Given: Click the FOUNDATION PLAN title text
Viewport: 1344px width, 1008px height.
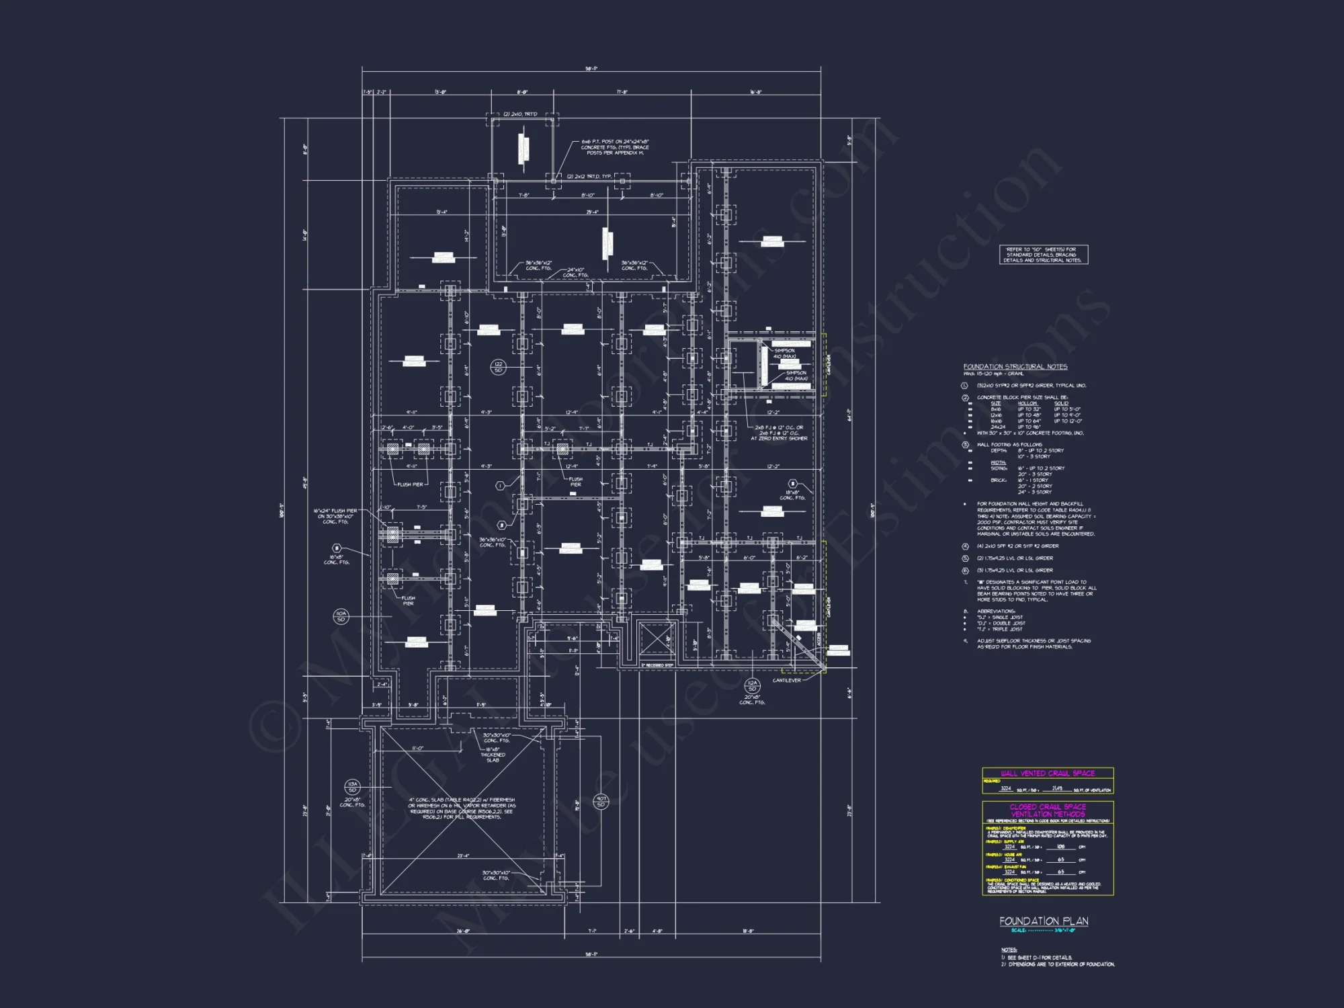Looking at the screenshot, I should (x=1044, y=921).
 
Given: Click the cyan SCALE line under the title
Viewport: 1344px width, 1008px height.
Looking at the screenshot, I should (x=1043, y=931).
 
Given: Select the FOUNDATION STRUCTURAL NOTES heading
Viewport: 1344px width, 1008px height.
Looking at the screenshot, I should (x=1015, y=367).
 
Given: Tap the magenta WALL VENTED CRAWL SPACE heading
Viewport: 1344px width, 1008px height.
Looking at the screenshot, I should (x=1048, y=773).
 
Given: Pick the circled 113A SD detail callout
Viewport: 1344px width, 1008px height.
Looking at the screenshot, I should (x=352, y=787).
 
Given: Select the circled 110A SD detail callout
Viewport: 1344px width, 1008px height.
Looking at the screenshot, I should (x=341, y=616).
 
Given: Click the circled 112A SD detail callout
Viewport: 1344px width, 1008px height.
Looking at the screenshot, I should (x=752, y=685).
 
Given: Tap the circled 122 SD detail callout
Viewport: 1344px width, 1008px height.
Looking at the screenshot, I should (x=498, y=367).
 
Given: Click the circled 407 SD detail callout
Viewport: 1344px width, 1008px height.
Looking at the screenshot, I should (x=601, y=802).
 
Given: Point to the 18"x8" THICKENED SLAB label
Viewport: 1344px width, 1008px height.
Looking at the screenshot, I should (x=493, y=755).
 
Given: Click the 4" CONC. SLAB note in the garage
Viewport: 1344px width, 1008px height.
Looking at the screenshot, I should (x=462, y=808).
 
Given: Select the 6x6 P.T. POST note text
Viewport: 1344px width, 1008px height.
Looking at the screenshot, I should (x=615, y=147).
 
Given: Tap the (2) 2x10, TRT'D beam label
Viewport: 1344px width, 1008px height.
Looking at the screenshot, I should (x=520, y=114).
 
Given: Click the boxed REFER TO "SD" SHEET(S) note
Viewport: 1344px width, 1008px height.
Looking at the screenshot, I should (x=1043, y=255).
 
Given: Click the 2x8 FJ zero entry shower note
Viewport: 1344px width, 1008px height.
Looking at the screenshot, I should (x=779, y=433).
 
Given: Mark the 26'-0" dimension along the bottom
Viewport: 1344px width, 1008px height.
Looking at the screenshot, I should (x=463, y=931).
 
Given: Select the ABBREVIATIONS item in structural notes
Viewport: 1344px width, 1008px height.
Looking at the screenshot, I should (x=997, y=612).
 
